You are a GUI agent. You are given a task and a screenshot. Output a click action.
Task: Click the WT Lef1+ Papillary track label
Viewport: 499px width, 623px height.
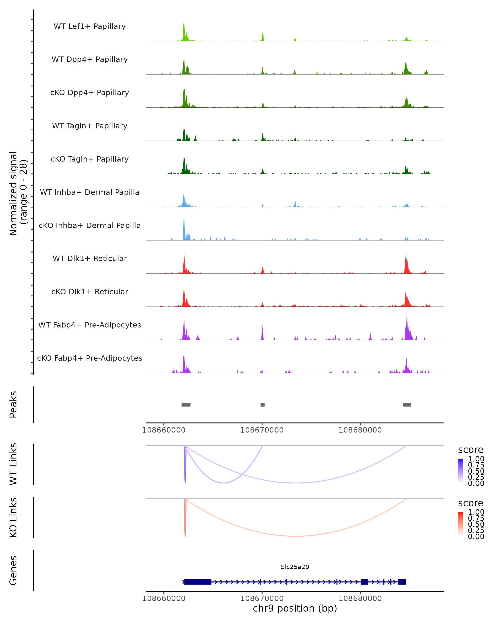click(90, 26)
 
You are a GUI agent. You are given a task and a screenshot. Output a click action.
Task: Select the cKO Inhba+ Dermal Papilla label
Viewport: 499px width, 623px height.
click(90, 225)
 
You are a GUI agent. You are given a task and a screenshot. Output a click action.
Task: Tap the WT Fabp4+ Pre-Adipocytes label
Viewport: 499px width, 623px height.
click(90, 325)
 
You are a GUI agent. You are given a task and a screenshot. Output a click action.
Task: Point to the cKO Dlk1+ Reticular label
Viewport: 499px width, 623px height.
click(90, 292)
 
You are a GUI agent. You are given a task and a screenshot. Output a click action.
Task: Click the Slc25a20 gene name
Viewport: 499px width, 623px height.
click(295, 567)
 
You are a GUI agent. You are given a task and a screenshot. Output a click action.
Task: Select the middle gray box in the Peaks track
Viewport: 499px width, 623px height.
click(262, 405)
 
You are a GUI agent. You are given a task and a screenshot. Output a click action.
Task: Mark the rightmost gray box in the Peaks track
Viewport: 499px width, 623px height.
click(406, 405)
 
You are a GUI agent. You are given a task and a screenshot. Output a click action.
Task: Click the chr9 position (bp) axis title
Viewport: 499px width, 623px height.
click(295, 608)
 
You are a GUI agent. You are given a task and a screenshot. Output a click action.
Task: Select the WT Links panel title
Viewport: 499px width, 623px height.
click(13, 464)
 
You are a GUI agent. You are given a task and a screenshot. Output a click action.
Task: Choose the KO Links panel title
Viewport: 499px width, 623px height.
click(13, 517)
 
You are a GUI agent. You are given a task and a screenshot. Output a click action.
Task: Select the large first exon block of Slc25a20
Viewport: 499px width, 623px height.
click(198, 582)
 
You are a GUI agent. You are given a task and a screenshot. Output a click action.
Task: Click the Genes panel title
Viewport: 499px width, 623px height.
click(13, 570)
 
